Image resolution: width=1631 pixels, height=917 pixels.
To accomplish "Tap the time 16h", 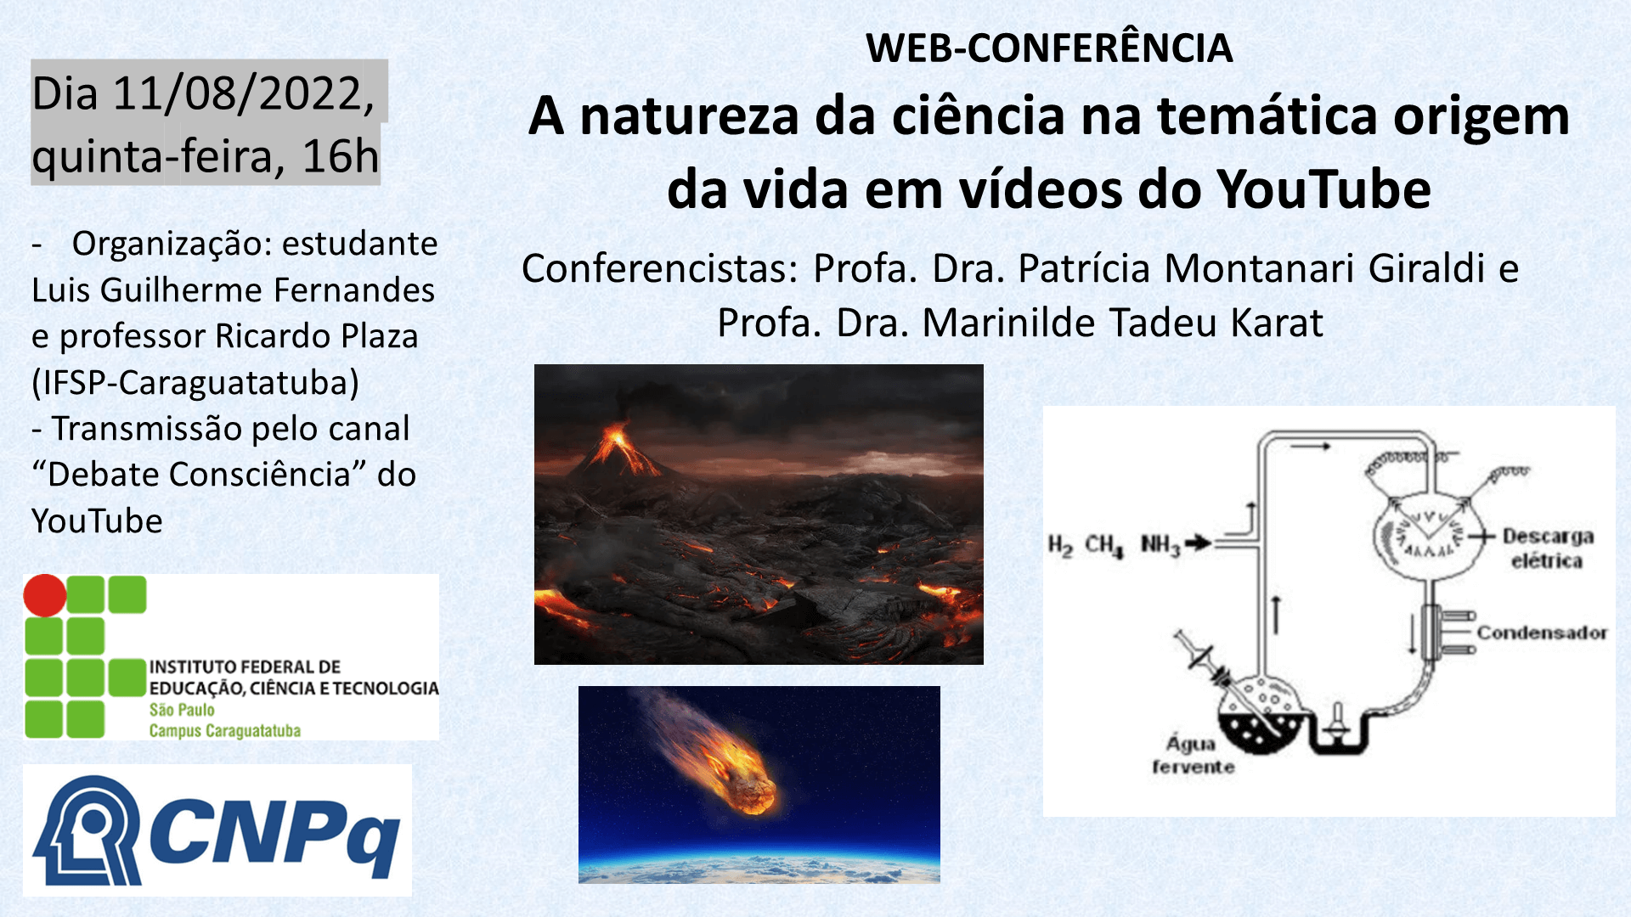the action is coord(340,156).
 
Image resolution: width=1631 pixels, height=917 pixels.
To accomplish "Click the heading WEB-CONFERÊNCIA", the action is coord(1049,48).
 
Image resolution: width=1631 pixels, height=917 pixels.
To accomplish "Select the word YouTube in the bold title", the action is coord(1323,188).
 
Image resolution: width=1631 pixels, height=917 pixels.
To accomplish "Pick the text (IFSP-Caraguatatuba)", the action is coord(195,383).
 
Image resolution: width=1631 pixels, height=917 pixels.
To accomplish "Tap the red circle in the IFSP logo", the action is coord(45,595).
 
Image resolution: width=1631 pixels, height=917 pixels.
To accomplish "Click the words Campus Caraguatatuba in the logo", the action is coord(225,730).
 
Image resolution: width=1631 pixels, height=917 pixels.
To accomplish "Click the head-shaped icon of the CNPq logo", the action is coord(87,830).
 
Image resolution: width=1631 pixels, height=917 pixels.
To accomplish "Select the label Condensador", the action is coord(1542,633).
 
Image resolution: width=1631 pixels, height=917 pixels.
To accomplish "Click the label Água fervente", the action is coord(1193,755).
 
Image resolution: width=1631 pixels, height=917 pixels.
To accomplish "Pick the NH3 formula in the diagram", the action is coord(1160,545).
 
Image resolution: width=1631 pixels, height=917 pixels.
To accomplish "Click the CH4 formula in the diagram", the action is coord(1104,545).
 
